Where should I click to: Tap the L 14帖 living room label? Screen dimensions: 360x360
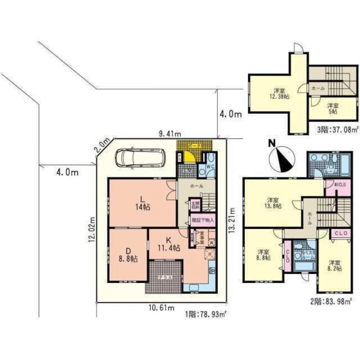tap(143, 203)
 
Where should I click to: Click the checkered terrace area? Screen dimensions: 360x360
tap(164, 275)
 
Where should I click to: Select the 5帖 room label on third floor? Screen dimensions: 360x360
tap(332, 108)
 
